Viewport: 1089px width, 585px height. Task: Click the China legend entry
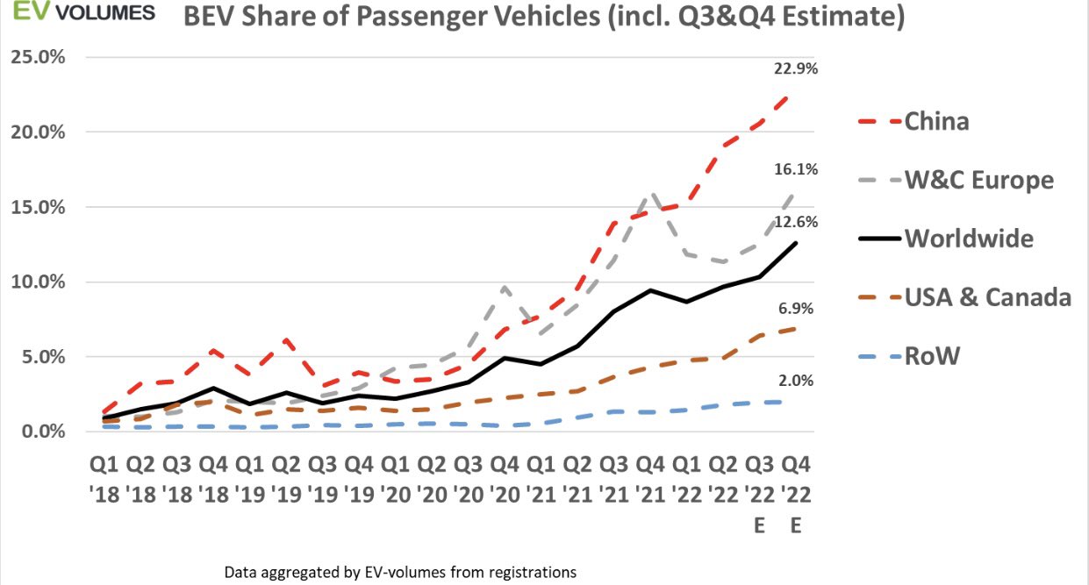(x=936, y=120)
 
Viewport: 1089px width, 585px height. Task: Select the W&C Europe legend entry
(x=978, y=180)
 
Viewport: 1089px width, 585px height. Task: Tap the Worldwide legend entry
(x=969, y=238)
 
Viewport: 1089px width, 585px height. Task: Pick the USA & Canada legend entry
(x=987, y=296)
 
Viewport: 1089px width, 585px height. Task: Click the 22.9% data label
(x=797, y=68)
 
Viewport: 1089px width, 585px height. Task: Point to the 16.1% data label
(x=797, y=169)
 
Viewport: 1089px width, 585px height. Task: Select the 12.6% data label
(x=797, y=222)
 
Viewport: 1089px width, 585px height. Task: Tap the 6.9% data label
(x=797, y=308)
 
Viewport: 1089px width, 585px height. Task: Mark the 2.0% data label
(x=797, y=380)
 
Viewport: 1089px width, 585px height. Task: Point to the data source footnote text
(x=400, y=572)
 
